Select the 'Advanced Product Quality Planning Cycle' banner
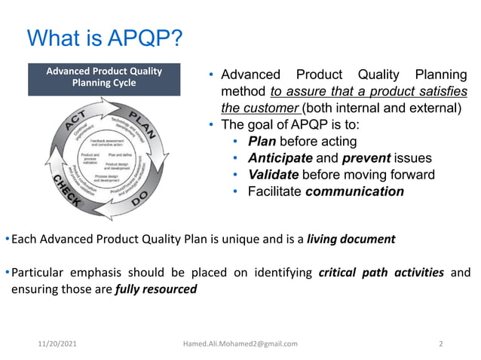[104, 77]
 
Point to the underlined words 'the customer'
[243, 107]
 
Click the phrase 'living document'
[351, 239]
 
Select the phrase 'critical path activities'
[381, 273]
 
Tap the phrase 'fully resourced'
[155, 288]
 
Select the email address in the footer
[240, 343]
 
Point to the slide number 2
[441, 343]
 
